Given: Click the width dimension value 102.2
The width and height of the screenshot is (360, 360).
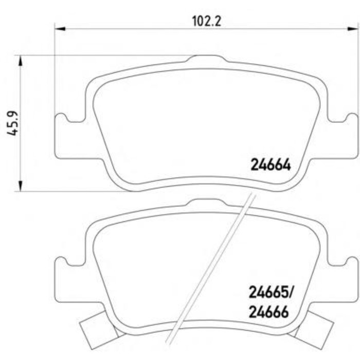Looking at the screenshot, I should tap(202, 21).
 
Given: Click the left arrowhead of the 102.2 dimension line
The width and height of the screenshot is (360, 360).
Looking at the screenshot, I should tap(59, 29).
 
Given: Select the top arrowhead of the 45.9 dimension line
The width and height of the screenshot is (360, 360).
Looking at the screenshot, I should tap(21, 61).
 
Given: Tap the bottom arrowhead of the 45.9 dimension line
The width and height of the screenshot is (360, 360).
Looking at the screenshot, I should tap(21, 185).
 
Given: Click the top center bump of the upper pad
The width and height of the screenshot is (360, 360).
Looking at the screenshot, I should tap(202, 60).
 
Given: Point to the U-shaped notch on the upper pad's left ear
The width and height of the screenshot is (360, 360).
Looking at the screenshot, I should tap(76, 119).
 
